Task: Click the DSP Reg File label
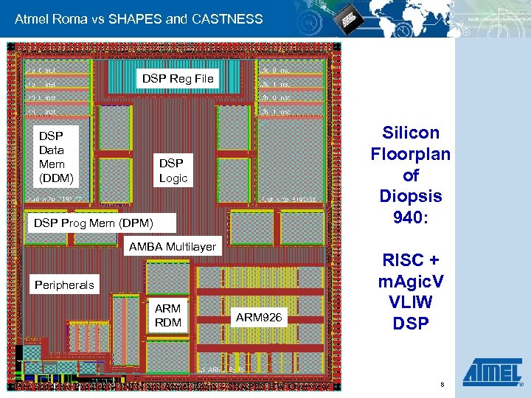coord(177,78)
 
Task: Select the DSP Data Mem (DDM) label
coord(52,157)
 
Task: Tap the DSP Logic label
coord(173,170)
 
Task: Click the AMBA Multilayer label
coord(173,247)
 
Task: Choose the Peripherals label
coord(65,284)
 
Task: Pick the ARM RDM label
coord(168,315)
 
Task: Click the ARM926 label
coord(259,318)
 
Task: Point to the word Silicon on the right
coord(411,133)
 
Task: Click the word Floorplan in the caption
coord(411,154)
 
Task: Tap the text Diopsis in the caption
coord(411,197)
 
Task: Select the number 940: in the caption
coord(411,218)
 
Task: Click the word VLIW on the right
coord(411,303)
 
